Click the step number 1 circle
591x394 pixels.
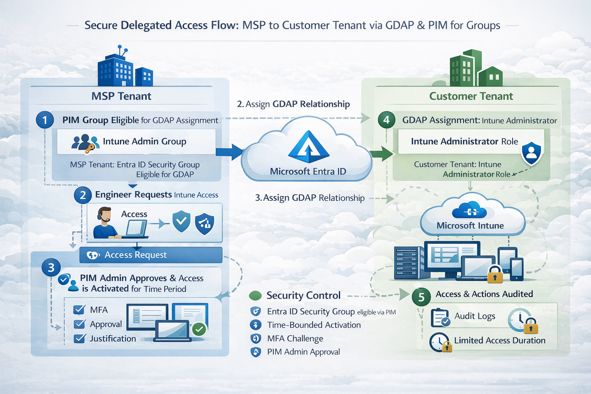pyautogui.click(x=45, y=120)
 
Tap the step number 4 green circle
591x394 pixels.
pyautogui.click(x=386, y=120)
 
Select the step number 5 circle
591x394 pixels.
pyautogui.click(x=421, y=297)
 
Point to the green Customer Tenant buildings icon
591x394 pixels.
pyautogui.click(x=476, y=69)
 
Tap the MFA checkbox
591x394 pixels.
pyautogui.click(x=79, y=310)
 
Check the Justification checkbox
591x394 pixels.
pyautogui.click(x=79, y=339)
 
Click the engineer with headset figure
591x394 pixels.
pyautogui.click(x=105, y=223)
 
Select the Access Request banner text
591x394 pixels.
pyautogui.click(x=135, y=255)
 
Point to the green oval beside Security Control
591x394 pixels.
pyautogui.click(x=255, y=295)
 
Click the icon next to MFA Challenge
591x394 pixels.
pyautogui.click(x=255, y=339)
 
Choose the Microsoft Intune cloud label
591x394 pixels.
pyautogui.click(x=470, y=226)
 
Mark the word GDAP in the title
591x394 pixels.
pyautogui.click(x=399, y=25)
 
